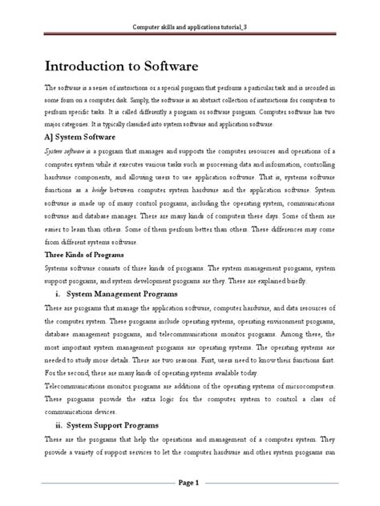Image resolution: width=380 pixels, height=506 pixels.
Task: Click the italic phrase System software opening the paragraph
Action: click(67, 150)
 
